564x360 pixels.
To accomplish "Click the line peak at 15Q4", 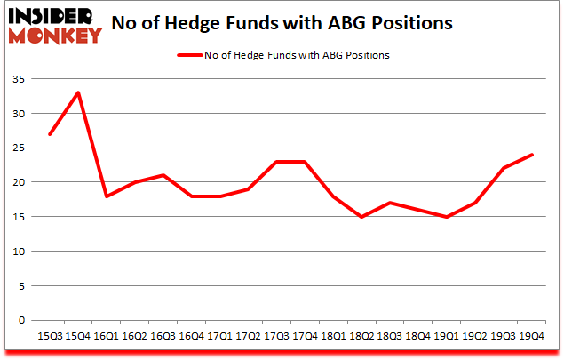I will point(76,93).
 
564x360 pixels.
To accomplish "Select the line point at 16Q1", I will point(106,196).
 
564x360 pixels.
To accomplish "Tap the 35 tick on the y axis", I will point(20,80).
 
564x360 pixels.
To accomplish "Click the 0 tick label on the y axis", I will point(22,320).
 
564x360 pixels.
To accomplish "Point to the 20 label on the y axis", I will point(20,182).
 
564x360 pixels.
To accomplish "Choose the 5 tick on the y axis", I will point(22,285).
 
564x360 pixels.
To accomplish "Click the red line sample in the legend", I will point(190,55).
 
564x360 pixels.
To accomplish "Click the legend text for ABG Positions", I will point(298,55).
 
